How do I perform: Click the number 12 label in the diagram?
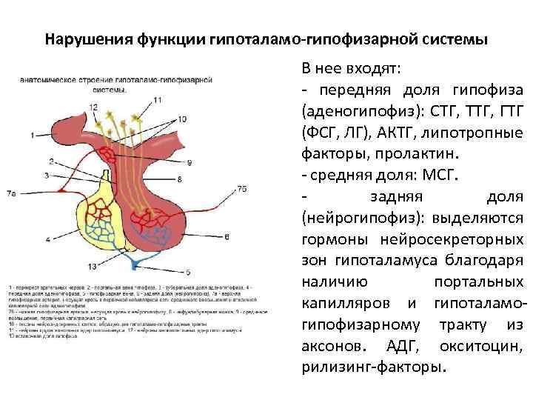click(93, 107)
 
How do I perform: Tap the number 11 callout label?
click(158, 100)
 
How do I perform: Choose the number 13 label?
click(93, 266)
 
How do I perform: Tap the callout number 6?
click(227, 236)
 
